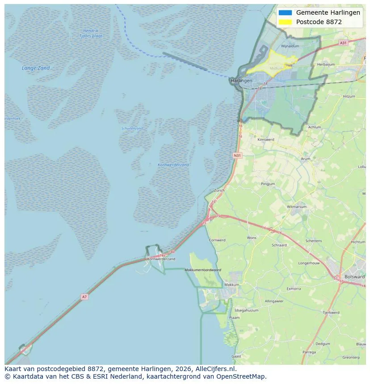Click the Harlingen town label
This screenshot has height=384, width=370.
pos(241,81)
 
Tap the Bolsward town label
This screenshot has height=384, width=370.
pos(354,277)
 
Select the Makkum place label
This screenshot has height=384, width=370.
pos(231,285)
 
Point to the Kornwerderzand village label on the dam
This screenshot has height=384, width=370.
pos(161,259)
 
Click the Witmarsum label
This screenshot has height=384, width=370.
pos(296,207)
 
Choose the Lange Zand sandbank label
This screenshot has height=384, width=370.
pos(36,68)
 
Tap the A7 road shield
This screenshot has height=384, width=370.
pos(84,297)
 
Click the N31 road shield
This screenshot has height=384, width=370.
pos(237,155)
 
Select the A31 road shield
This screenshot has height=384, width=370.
pos(343,43)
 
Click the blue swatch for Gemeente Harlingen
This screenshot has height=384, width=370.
pos(285,12)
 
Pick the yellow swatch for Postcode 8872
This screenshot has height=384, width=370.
pos(285,22)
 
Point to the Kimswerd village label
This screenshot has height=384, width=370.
pos(266,140)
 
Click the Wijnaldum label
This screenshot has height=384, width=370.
pos(290,46)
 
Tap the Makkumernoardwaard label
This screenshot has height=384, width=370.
pos(203,270)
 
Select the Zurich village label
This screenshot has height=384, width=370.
pos(219,190)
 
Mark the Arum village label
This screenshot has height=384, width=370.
pos(306,159)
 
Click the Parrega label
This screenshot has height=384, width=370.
pos(309,352)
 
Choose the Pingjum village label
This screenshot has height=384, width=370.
pos(268,184)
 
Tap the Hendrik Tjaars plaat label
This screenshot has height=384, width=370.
pos(91,33)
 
